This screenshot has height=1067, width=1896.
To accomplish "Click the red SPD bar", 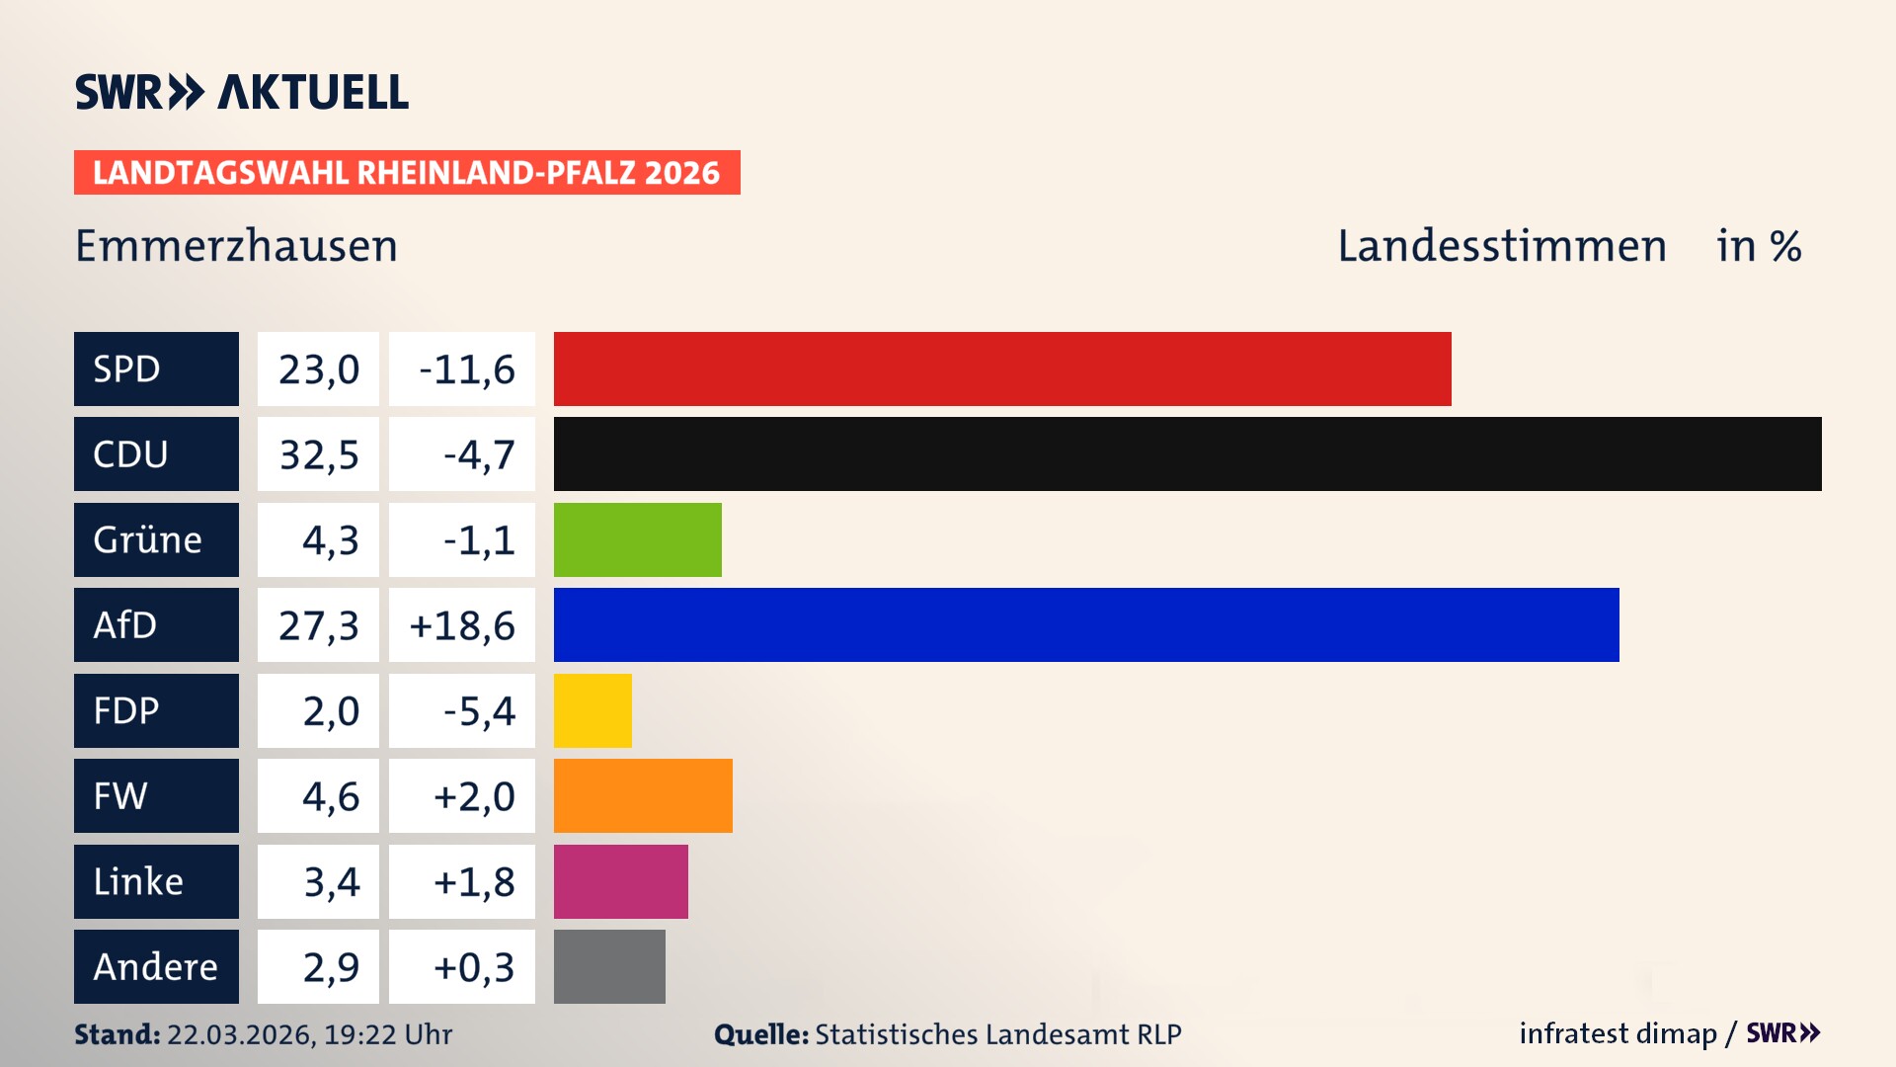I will [1002, 369].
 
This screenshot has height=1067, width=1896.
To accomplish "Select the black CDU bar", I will [1187, 454].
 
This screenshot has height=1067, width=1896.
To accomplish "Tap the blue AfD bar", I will [1086, 624].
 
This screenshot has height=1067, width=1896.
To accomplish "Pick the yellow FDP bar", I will [592, 710].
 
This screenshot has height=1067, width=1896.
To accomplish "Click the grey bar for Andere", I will [609, 966].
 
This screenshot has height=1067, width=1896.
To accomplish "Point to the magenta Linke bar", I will [620, 881].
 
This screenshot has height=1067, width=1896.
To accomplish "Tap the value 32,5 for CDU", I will [318, 454].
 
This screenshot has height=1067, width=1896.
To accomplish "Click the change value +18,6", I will [462, 624].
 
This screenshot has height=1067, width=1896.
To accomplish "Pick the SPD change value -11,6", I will [466, 369].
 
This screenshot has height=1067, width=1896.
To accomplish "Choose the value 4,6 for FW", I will [330, 795].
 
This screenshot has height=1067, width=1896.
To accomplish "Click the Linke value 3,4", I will [331, 881].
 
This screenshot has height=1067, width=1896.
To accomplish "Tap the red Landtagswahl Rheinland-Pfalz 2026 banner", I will [407, 172].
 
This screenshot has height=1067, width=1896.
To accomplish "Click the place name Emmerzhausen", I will [236, 246].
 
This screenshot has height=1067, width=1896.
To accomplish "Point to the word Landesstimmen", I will [1501, 246].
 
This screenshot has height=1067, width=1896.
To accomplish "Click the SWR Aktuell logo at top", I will [242, 92].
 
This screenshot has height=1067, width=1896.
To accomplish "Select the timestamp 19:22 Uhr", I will [388, 1034].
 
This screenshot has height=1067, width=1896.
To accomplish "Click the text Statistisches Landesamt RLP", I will [997, 1034].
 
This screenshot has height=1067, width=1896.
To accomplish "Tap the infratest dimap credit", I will [1618, 1033].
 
